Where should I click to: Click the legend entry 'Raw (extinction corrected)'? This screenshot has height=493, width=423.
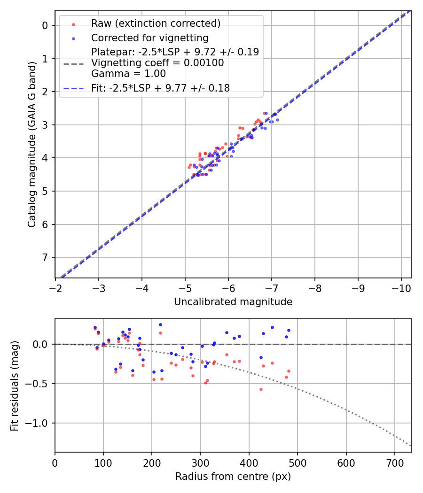pos(156,23)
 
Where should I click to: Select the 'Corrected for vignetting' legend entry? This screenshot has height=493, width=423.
pos(149,38)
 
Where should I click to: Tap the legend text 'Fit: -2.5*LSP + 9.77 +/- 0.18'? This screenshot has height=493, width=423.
pos(160,88)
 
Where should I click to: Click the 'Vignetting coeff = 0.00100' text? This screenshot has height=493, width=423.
pos(157,63)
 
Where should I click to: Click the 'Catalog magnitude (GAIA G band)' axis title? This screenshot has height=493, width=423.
pos(32,144)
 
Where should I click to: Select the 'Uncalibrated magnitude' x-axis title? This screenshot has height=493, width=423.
pos(233,302)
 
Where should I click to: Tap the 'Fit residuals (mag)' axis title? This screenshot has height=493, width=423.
pos(15,385)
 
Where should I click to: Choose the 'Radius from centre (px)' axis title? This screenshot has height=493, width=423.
pos(233,477)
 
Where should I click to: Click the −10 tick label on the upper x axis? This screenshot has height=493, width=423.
pos(401,288)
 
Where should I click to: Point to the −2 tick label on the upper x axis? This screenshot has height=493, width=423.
pos(55,288)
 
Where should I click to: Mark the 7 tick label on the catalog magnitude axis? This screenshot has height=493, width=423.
pos(46,257)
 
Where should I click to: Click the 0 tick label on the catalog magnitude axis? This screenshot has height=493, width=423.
pos(46,25)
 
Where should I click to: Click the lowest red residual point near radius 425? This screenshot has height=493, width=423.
pos(261,389)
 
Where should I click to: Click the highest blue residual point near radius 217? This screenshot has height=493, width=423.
pos(160,324)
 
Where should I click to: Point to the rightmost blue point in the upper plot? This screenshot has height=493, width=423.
pos(277,120)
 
